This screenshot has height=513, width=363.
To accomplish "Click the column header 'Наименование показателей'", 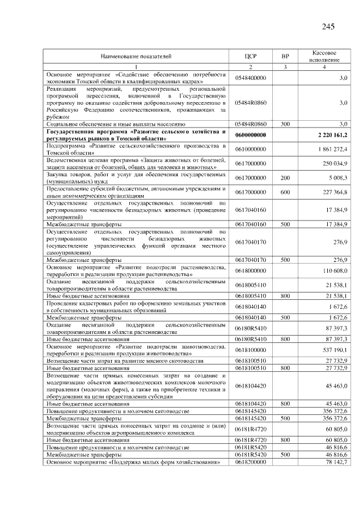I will pos(136,56).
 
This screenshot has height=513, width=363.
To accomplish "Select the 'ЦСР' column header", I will pos(251,56).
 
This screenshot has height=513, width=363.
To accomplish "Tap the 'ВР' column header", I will pos(285,56).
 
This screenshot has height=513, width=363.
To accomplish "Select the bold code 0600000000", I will pos(251,135).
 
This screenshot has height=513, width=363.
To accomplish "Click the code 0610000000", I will pos(251,149).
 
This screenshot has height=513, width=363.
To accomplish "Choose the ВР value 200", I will pos(285,177).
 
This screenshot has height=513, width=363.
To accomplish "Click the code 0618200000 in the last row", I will pos(251,463).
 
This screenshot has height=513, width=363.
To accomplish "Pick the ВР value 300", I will pos(285,124).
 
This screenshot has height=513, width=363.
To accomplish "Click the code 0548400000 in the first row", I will pos(251,77).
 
